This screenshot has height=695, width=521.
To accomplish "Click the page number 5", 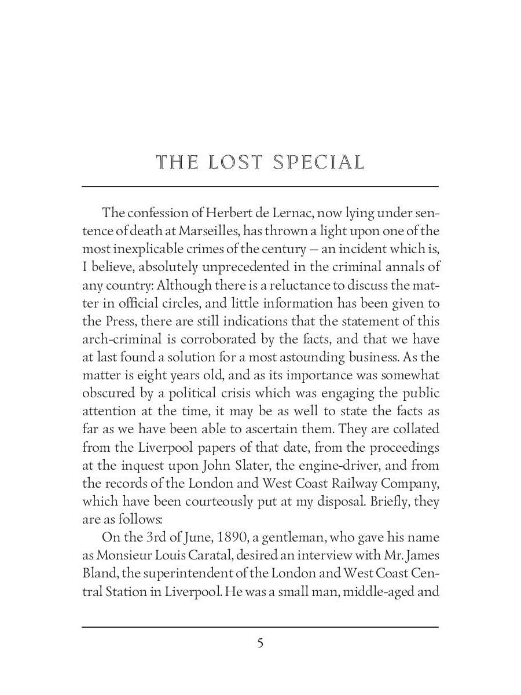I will [260, 643].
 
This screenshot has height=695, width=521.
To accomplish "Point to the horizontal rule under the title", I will [260, 186].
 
